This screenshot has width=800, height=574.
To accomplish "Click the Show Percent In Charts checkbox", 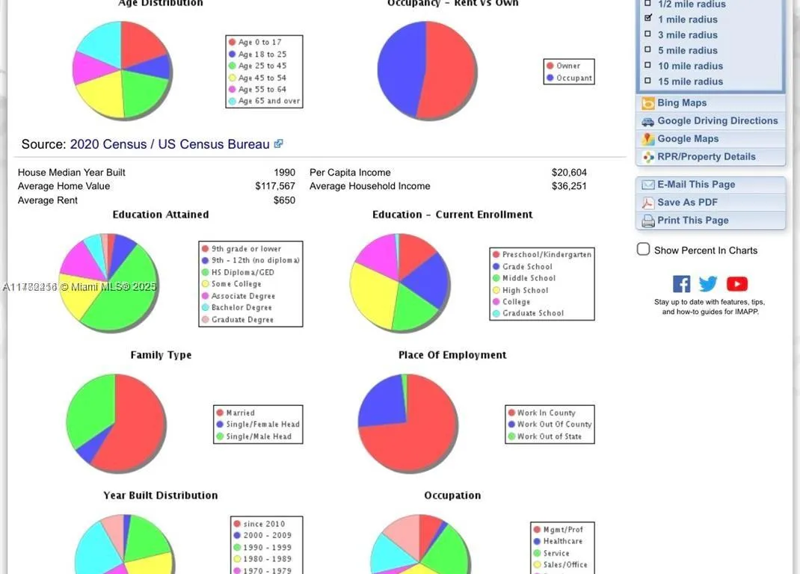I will point(643,250).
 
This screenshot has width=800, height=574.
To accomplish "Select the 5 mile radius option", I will point(648,50).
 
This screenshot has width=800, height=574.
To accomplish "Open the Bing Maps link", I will point(681,103).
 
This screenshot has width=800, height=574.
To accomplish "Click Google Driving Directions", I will point(717,121).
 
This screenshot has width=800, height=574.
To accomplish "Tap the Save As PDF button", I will point(687,203).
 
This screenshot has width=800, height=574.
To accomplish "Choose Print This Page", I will point(692,220).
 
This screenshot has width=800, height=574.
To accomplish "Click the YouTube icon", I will point(736,284).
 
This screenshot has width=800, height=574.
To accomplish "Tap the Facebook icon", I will point(681,284).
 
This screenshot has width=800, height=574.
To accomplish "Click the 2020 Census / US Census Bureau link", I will point(170,144).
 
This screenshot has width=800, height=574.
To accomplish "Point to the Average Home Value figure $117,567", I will point(275,186).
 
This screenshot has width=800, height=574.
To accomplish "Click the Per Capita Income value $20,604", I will point(569,173).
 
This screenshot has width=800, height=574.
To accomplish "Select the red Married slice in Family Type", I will point(135,426).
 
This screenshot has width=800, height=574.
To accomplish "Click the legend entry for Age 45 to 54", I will point(262,78).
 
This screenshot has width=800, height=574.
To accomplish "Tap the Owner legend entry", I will point(567,66).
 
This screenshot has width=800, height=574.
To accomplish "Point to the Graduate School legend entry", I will point(532,314).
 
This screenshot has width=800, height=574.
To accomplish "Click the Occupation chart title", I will point(452,496).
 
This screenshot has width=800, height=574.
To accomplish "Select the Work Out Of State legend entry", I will point(549,436).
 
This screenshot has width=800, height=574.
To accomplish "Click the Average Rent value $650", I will point(284,200).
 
